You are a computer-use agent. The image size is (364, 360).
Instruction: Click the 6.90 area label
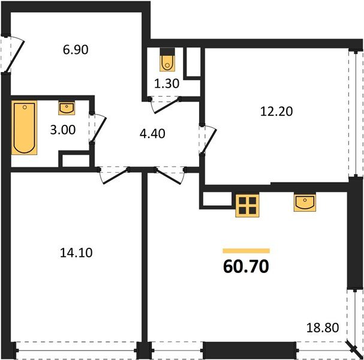click(76, 50)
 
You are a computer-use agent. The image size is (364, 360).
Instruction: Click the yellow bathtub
click(25, 128)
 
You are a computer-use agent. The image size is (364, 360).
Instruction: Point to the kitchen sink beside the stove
click(305, 203)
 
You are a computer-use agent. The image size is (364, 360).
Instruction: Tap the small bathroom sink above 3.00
click(67, 108)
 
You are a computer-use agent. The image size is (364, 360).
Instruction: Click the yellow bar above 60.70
click(246, 250)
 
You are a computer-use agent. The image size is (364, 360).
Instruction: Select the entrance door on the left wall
click(13, 55)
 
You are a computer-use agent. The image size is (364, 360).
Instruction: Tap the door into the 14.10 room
click(113, 175)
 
